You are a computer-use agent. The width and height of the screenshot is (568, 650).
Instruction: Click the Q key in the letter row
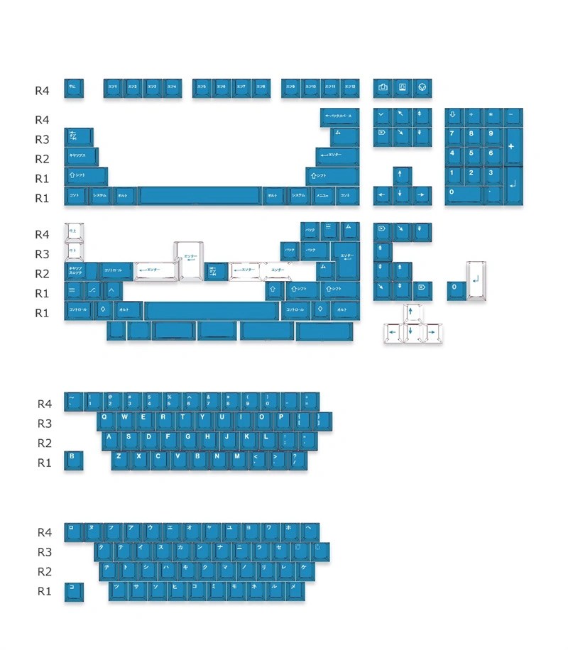click(106, 420)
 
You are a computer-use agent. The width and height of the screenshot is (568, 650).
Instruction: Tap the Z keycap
click(120, 460)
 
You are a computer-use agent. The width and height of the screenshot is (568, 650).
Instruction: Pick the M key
click(238, 460)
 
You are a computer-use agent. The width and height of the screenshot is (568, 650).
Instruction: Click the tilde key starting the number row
click(73, 401)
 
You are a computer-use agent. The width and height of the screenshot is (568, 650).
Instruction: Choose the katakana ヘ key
click(308, 531)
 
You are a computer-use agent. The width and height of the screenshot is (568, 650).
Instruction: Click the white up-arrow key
click(413, 313)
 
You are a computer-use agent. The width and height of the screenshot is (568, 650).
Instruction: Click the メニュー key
click(321, 196)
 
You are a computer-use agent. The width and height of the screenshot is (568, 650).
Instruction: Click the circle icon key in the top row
click(422, 87)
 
